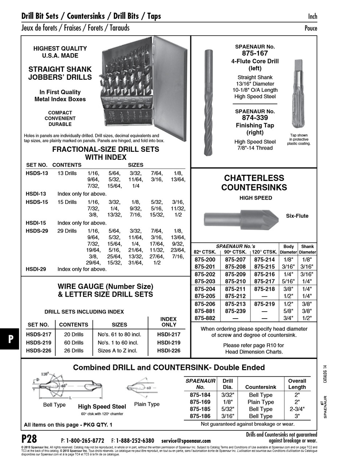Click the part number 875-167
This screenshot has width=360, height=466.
(255, 53)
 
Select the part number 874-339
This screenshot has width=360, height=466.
(255, 118)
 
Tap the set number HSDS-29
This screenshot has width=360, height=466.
(37, 231)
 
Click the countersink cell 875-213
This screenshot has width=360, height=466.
(235, 304)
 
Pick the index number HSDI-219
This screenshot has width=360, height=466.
(169, 343)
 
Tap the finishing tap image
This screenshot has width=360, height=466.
(298, 95)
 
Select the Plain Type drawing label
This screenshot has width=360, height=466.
(147, 404)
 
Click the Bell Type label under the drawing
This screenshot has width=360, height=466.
(54, 405)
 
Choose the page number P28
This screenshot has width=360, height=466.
(29, 438)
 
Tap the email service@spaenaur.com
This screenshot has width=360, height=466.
(186, 441)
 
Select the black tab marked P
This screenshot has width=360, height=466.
(11, 339)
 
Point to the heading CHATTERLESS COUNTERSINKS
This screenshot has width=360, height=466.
(254, 183)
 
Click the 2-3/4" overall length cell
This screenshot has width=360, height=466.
(297, 409)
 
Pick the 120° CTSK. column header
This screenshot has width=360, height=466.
(265, 252)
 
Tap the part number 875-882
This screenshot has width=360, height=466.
(205, 318)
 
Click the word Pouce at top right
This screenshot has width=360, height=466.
(310, 28)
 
